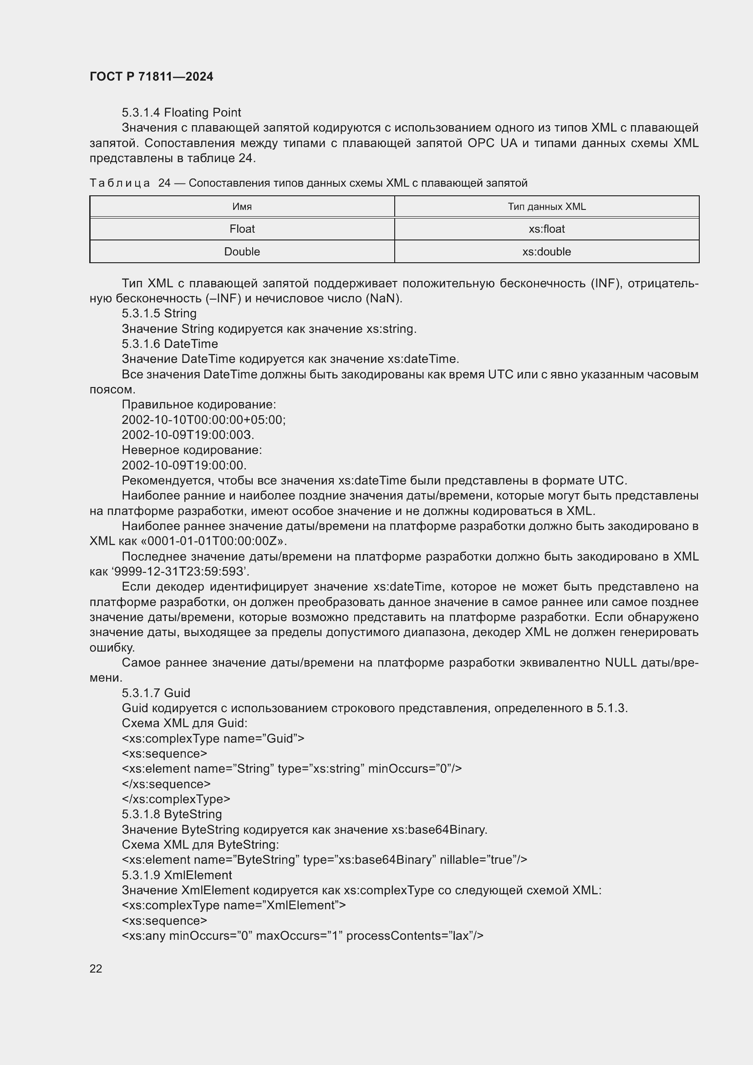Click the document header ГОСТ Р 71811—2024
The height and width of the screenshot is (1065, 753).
tap(151, 76)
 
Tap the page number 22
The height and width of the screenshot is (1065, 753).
tap(96, 968)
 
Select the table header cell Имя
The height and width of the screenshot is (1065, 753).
tap(242, 206)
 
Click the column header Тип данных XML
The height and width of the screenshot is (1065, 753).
tap(546, 206)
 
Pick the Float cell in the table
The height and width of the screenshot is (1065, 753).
tap(242, 229)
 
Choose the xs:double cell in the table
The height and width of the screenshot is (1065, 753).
tap(546, 251)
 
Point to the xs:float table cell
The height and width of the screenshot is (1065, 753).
tap(546, 229)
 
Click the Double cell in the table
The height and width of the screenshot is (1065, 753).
tap(242, 251)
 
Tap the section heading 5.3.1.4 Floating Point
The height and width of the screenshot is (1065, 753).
tap(181, 112)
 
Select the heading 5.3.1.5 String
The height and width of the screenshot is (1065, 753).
tap(159, 313)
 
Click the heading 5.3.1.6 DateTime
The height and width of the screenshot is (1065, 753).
tap(170, 344)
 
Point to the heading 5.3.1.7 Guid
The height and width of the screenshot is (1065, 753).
tap(156, 693)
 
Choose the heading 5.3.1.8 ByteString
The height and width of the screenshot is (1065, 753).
tap(172, 814)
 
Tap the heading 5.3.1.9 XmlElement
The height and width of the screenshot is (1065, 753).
tap(177, 875)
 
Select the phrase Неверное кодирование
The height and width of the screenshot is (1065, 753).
tap(191, 450)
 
